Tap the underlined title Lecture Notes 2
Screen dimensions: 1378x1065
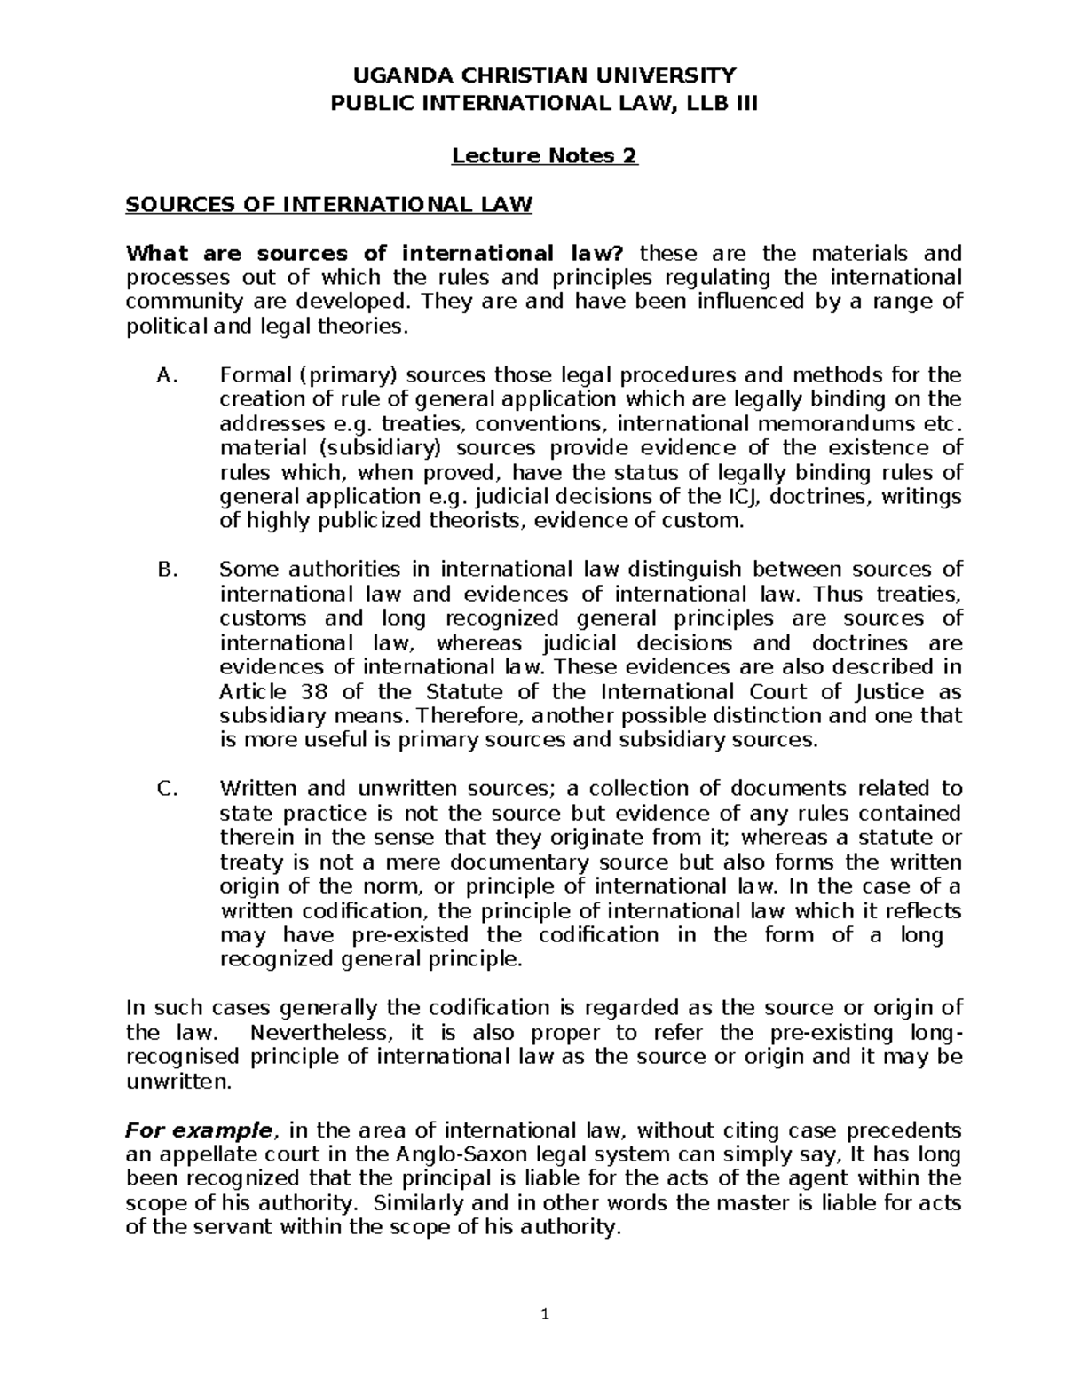544,156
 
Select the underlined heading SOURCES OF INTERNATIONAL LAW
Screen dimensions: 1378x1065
329,206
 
